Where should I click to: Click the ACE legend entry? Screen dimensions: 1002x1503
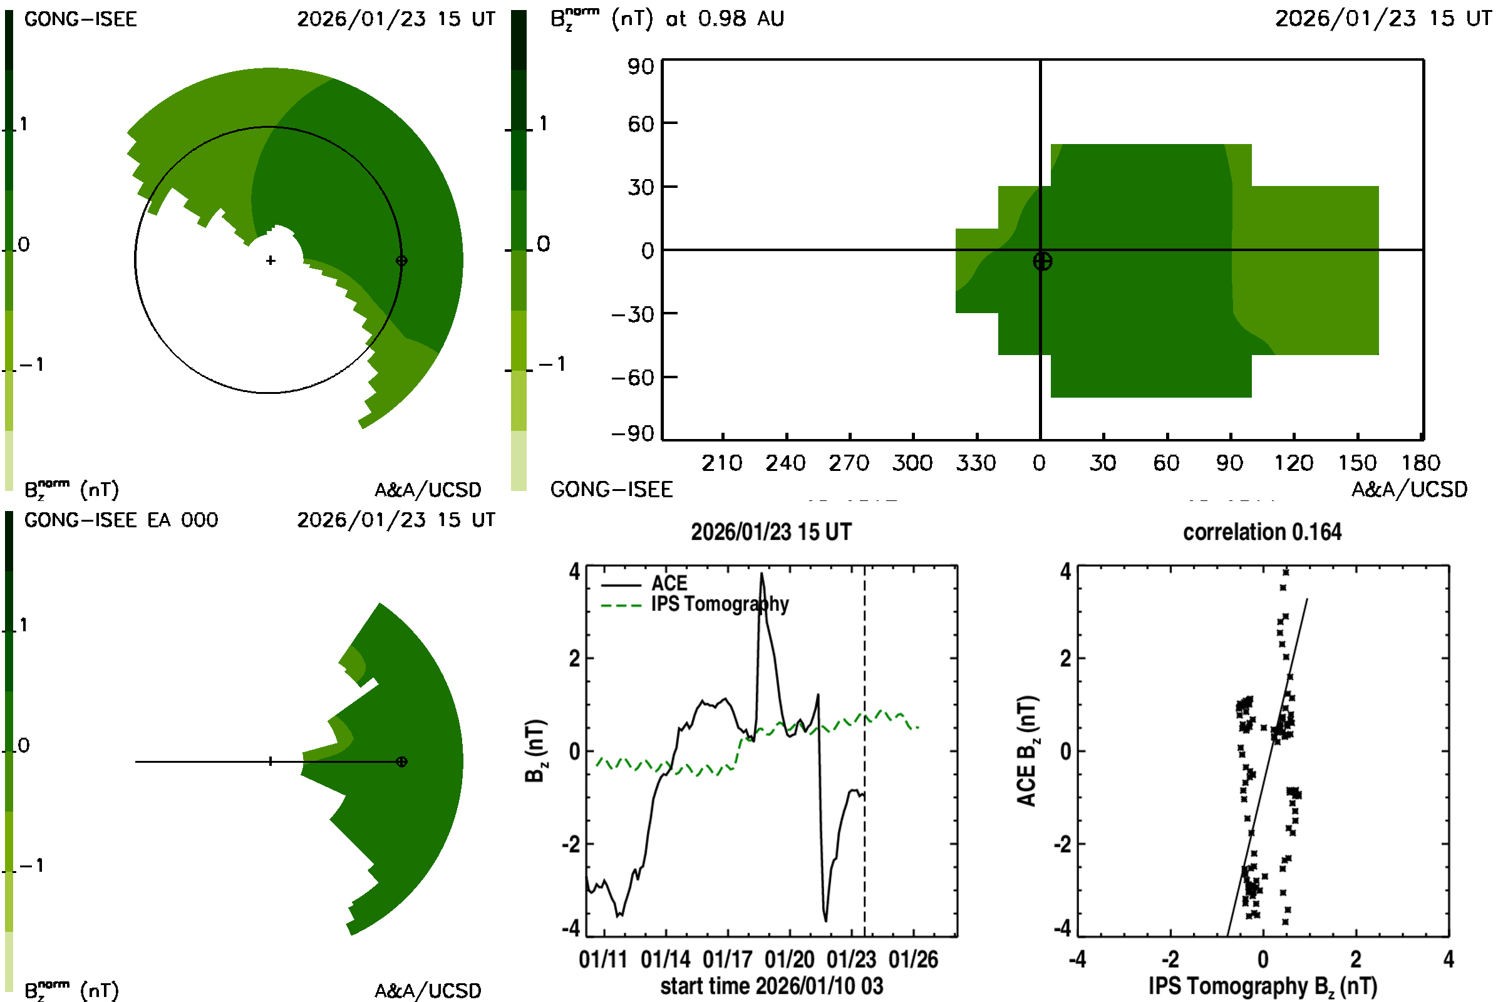coord(668,584)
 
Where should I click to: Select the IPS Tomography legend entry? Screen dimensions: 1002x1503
coord(720,604)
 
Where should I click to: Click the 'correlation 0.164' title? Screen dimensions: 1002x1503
coord(1261,532)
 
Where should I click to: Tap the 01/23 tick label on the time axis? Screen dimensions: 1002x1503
coord(850,960)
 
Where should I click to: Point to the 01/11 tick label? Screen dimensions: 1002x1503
coord(602,960)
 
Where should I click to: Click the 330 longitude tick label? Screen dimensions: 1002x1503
coord(975,463)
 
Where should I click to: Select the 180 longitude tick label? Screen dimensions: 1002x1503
coord(1420,463)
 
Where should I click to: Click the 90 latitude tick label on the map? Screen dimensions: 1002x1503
coord(640,66)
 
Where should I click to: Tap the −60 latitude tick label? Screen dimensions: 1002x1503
coord(633,378)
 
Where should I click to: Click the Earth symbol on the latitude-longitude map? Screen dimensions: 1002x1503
coord(1042,261)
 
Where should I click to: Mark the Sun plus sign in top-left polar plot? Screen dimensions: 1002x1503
coord(271,261)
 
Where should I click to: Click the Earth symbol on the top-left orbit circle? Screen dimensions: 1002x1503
coord(401,261)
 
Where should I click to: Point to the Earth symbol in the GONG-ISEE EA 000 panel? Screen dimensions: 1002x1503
coord(401,762)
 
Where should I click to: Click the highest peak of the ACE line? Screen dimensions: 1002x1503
coord(761,574)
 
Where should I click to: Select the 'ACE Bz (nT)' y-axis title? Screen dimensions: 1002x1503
coord(1026,751)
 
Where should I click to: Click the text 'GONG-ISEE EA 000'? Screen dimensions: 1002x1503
coord(121,520)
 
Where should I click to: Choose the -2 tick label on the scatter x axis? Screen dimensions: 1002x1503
coord(1169,960)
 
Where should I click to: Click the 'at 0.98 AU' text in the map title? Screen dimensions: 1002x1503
coord(725,19)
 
